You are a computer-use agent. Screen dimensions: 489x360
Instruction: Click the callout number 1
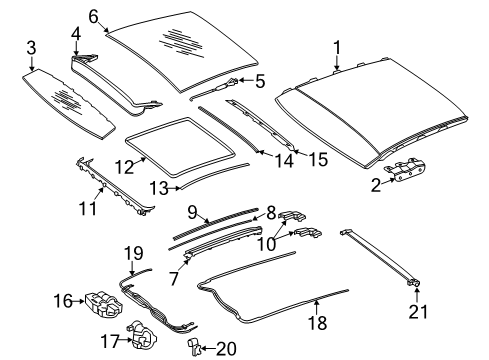337,48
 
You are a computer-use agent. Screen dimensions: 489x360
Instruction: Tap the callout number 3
31,48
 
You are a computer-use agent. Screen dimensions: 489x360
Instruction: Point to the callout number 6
94,16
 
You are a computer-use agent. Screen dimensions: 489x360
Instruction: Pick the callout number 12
124,167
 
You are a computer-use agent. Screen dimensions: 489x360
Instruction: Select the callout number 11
88,209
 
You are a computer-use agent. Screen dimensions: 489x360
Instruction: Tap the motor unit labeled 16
104,304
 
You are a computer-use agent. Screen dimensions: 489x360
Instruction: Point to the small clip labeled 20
195,346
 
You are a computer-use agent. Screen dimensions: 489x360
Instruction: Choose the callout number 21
418,312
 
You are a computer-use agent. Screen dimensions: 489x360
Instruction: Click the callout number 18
317,323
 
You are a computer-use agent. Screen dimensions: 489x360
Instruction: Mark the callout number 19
134,253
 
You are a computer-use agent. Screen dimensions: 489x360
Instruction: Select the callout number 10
267,244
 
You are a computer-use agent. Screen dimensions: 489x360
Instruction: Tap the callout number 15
318,159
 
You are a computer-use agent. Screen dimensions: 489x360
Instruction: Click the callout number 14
284,161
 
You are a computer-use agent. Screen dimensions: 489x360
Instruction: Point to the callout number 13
159,189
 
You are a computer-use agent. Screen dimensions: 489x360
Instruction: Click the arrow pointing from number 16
78,301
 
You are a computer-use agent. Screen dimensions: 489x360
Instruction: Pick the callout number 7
174,279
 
